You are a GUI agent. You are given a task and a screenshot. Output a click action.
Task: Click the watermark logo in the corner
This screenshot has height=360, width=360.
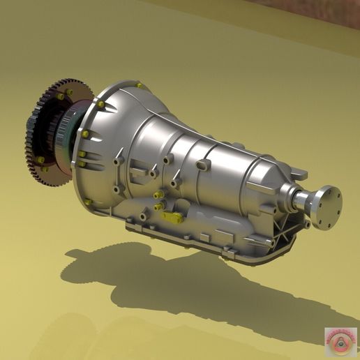340,339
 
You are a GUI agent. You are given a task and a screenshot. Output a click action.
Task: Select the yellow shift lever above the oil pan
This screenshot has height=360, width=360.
172,217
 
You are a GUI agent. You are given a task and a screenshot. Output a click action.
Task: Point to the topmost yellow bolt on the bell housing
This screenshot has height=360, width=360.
139,86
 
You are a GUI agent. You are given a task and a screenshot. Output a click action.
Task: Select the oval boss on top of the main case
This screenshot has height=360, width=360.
203,165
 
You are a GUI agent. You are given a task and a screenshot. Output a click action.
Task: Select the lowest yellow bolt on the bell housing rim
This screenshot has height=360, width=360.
89,202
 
